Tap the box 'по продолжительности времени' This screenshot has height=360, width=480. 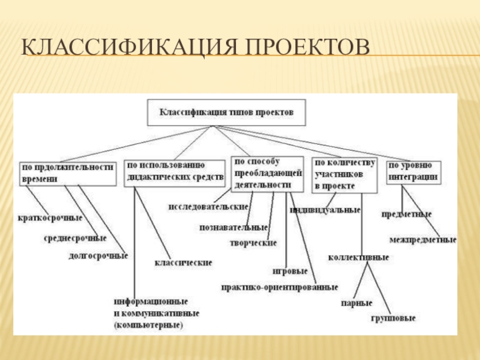(x=67, y=173)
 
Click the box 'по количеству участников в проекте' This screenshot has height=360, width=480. (x=344, y=174)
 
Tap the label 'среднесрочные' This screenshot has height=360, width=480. (x=75, y=238)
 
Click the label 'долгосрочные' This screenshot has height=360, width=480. (x=99, y=256)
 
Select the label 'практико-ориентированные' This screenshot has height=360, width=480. (x=280, y=287)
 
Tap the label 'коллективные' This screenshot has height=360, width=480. (x=358, y=257)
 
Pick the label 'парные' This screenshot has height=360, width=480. (x=357, y=303)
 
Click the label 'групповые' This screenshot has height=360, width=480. (x=393, y=317)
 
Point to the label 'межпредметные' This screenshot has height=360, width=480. (x=422, y=240)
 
